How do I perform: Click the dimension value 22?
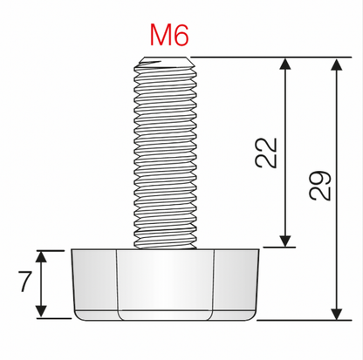pyautogui.click(x=271, y=152)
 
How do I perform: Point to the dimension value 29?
pyautogui.click(x=321, y=184)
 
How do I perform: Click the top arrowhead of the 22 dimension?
pyautogui.click(x=285, y=64)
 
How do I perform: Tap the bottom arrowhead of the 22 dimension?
pyautogui.click(x=285, y=241)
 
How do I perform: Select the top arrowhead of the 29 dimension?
pyautogui.click(x=336, y=64)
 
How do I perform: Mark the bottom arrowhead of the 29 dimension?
pyautogui.click(x=336, y=313)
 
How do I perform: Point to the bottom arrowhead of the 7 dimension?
pyautogui.click(x=40, y=313)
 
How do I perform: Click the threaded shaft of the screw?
pyautogui.click(x=168, y=157)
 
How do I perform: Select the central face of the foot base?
pyautogui.click(x=166, y=283)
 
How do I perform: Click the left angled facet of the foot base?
pyautogui.click(x=94, y=283)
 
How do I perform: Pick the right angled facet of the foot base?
pyautogui.click(x=237, y=283)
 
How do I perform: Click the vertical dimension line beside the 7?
pyautogui.click(x=40, y=284)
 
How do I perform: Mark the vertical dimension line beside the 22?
pyautogui.click(x=285, y=200)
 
